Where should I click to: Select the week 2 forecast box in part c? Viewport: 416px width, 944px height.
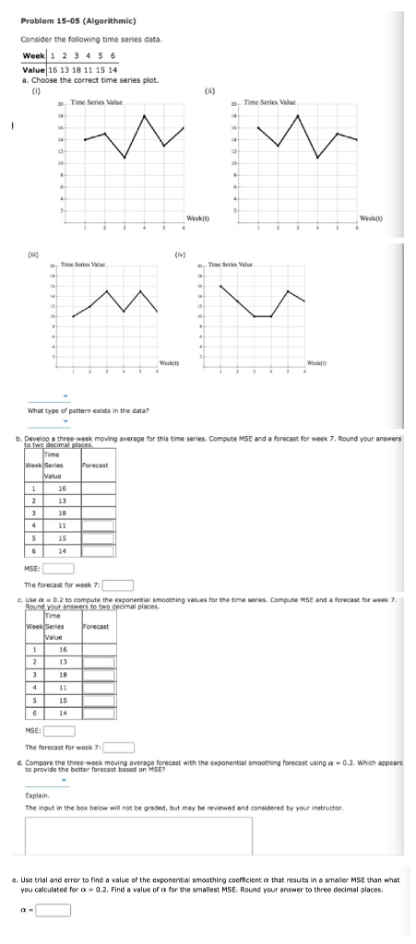click(x=98, y=636)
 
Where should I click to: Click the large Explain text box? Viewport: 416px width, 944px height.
click(x=138, y=836)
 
